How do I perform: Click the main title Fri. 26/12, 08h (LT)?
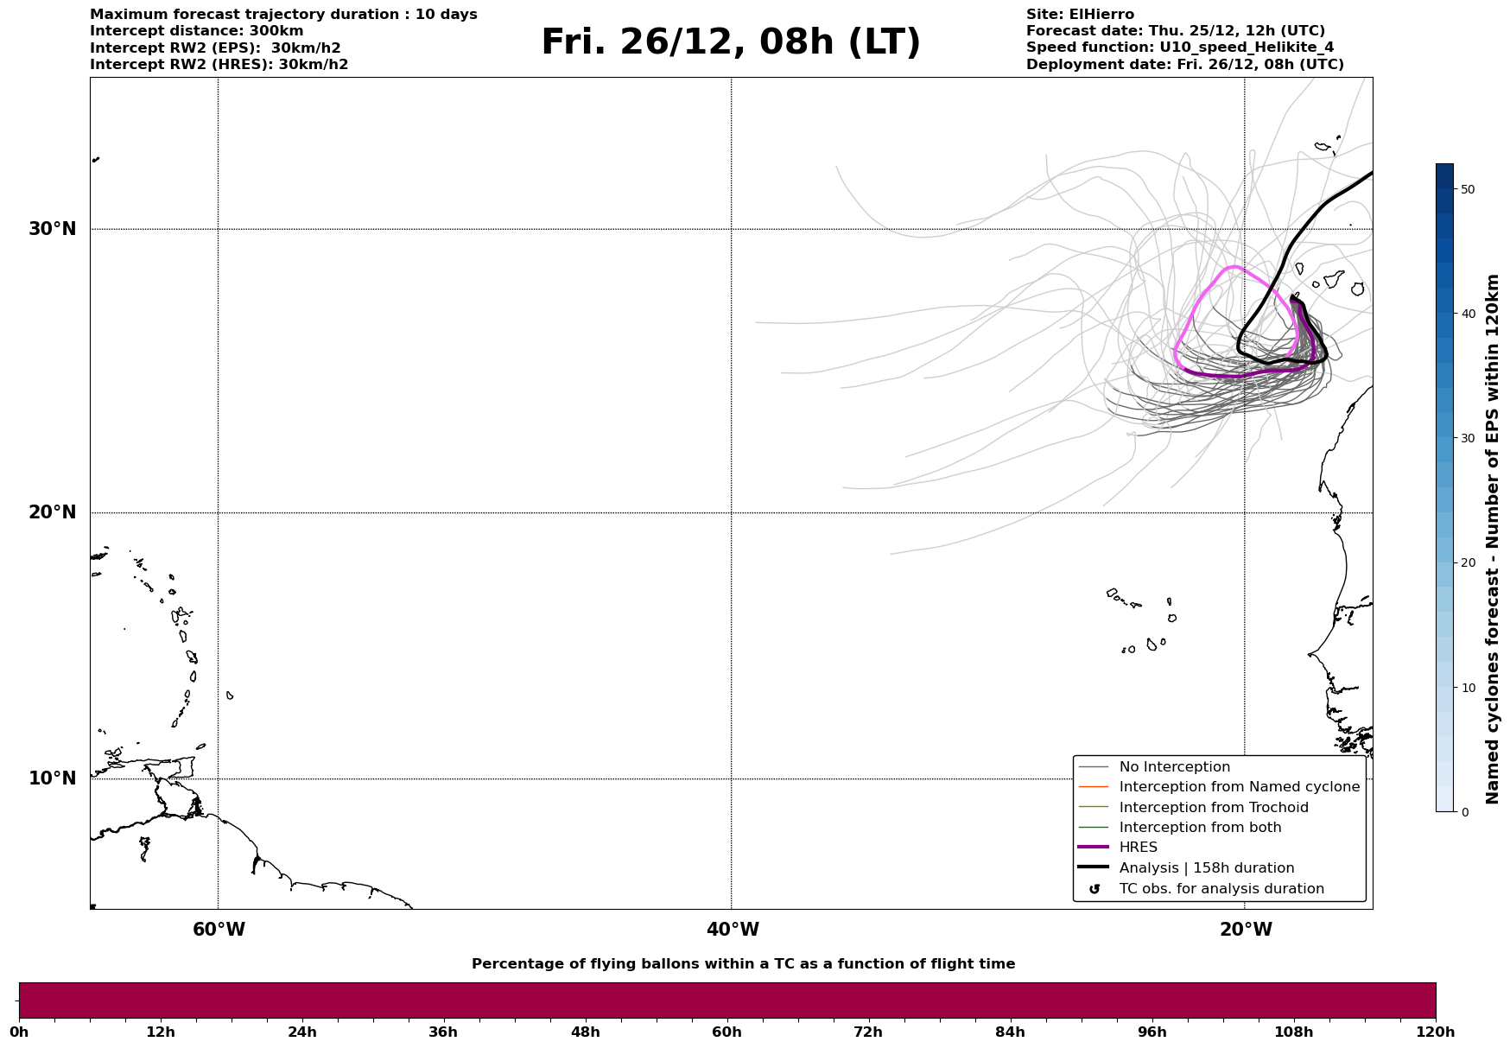[731, 42]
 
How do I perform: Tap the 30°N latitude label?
[53, 229]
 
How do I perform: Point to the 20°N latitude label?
[53, 512]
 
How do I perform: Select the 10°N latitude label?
[53, 778]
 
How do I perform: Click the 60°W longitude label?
[219, 930]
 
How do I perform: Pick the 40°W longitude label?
[733, 930]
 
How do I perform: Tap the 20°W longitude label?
[1246, 930]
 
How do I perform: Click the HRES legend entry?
[1138, 848]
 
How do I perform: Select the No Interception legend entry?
[1174, 767]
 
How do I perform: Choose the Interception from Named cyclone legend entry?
[1239, 787]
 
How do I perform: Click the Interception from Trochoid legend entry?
[1213, 808]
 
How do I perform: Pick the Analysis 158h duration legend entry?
[1206, 868]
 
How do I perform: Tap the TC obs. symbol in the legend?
[1094, 889]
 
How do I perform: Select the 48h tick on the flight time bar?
[586, 1032]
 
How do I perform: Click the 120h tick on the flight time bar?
[1436, 1032]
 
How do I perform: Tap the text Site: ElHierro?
[1080, 15]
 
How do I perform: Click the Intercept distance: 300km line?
[196, 31]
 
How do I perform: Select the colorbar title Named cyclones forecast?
[1493, 539]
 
